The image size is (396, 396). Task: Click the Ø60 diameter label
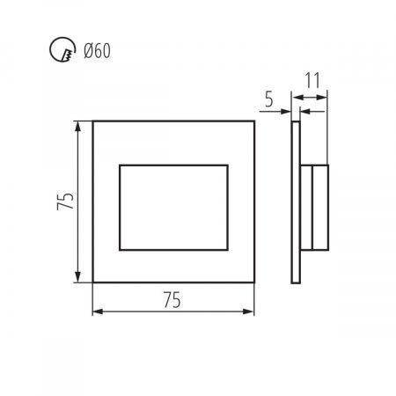pyautogui.click(x=97, y=51)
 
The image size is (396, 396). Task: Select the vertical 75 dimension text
pyautogui.click(x=65, y=201)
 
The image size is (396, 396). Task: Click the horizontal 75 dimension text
pyautogui.click(x=172, y=300)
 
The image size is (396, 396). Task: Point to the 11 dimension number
pyautogui.click(x=312, y=80)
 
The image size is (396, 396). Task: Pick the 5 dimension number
pyautogui.click(x=269, y=99)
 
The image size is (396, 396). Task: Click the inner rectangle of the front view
pyautogui.click(x=173, y=165)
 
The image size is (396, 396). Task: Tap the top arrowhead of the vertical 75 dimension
pyautogui.click(x=77, y=126)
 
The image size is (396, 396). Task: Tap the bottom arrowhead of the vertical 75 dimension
pyautogui.click(x=77, y=277)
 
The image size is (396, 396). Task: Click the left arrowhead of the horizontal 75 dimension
pyautogui.click(x=98, y=312)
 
